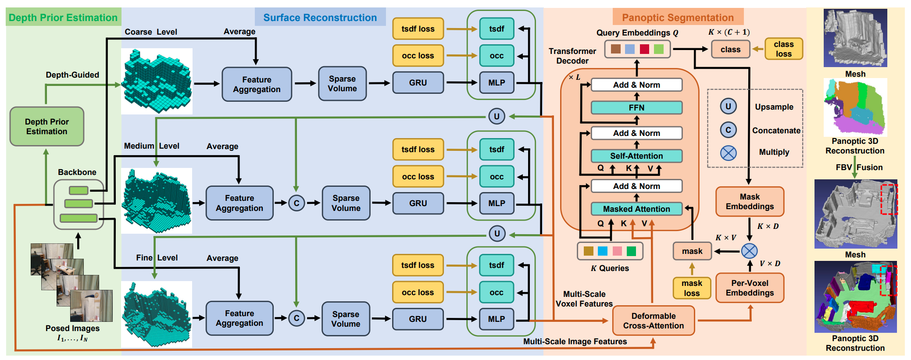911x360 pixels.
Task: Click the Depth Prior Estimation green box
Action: click(47, 126)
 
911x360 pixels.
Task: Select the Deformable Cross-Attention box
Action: click(654, 321)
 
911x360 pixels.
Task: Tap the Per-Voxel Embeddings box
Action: click(750, 288)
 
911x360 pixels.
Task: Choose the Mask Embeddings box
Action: click(750, 201)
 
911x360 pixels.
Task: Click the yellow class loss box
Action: click(783, 49)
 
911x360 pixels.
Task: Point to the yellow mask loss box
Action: click(692, 288)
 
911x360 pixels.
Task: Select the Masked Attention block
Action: click(636, 209)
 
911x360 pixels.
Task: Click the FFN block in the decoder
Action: click(636, 107)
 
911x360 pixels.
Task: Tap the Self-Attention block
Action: click(636, 156)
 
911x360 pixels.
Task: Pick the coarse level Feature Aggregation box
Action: click(257, 84)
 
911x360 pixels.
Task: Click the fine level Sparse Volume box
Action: click(346, 319)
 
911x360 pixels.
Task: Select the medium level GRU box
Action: click(418, 203)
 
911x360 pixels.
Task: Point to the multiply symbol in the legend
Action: click(728, 153)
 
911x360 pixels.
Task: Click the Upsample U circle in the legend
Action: click(728, 106)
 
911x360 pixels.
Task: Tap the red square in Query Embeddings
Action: click(644, 49)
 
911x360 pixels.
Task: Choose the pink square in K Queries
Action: click(617, 251)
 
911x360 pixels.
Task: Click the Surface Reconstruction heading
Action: click(320, 18)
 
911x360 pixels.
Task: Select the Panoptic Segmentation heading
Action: click(678, 18)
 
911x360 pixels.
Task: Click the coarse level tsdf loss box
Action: click(418, 29)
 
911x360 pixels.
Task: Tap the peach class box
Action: click(730, 50)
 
